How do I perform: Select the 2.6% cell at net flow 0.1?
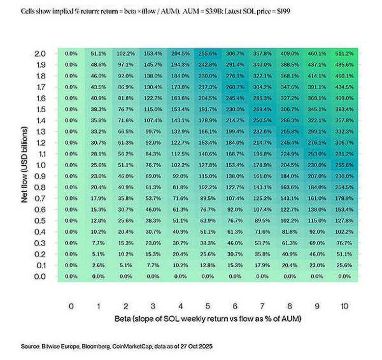[98, 265]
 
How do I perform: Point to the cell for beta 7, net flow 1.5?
[262, 109]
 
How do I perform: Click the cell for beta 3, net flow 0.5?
[153, 220]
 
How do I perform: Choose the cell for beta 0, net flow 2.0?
[71, 54]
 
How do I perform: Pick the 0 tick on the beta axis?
[71, 305]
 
